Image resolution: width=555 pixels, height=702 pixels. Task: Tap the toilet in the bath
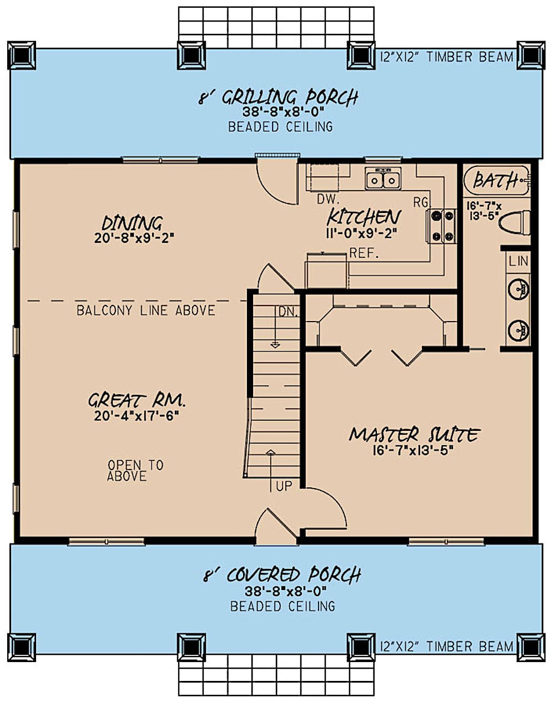pyautogui.click(x=514, y=223)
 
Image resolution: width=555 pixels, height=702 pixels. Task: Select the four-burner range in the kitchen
pyautogui.click(x=441, y=227)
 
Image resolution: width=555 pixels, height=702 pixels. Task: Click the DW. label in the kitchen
pyautogui.click(x=329, y=199)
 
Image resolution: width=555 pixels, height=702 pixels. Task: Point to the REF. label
pyautogui.click(x=364, y=254)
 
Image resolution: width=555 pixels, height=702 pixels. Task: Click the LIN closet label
pyautogui.click(x=518, y=261)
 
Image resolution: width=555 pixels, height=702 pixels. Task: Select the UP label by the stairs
pyautogui.click(x=284, y=486)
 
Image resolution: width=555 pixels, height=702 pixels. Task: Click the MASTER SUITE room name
pyautogui.click(x=414, y=435)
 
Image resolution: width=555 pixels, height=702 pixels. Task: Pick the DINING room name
pyautogui.click(x=132, y=223)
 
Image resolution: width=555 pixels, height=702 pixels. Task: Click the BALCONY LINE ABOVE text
pyautogui.click(x=145, y=310)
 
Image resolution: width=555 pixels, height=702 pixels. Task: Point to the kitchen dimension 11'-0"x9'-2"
pyautogui.click(x=364, y=233)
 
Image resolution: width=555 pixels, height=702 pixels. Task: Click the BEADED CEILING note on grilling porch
pyautogui.click(x=280, y=127)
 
